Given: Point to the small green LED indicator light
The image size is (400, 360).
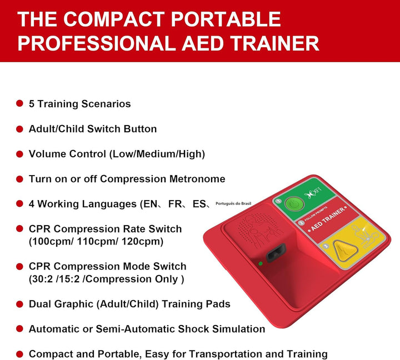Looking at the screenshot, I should [x=261, y=263].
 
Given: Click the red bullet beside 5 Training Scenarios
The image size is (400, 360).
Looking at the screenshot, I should [x=19, y=104].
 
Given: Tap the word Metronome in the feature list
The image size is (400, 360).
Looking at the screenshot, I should [x=197, y=179].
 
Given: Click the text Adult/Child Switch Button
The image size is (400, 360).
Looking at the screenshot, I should [x=93, y=129].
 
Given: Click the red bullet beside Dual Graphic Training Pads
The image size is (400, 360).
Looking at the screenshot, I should [x=19, y=304].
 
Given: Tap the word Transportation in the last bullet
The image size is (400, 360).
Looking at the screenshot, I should [x=214, y=354].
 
